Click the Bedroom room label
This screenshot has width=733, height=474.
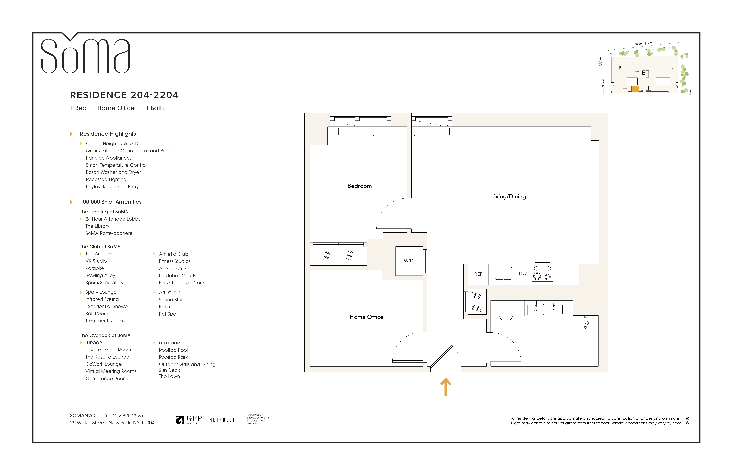pyautogui.click(x=359, y=186)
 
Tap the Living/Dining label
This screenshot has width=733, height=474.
pyautogui.click(x=508, y=196)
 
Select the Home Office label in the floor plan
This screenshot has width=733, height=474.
pyautogui.click(x=366, y=317)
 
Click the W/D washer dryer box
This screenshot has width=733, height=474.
pyautogui.click(x=409, y=261)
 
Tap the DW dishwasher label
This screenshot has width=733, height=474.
pyautogui.click(x=523, y=273)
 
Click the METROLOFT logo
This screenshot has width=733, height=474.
pyautogui.click(x=224, y=420)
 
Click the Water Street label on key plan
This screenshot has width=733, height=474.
pyautogui.click(x=644, y=44)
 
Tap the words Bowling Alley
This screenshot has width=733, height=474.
pyautogui.click(x=100, y=275)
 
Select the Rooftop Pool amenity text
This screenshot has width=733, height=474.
pyautogui.click(x=173, y=350)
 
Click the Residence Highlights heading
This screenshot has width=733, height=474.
pyautogui.click(x=108, y=134)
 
